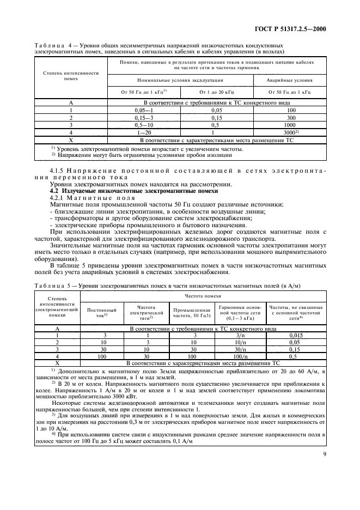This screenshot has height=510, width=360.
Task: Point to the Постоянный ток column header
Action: tap(102, 312)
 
